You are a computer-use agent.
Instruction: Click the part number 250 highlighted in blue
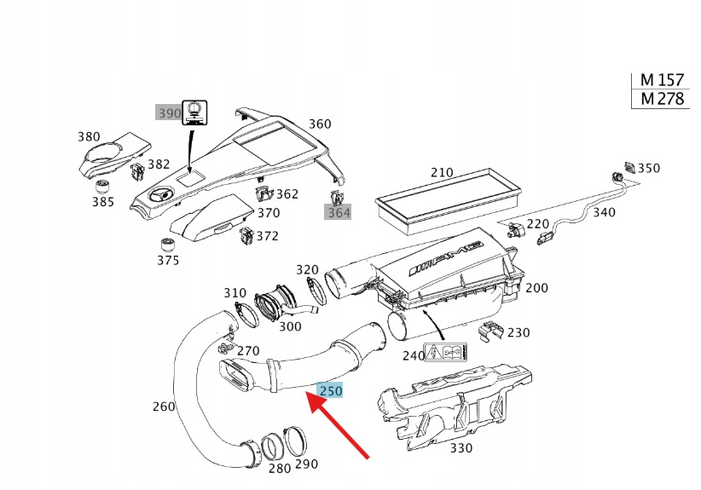(330, 391)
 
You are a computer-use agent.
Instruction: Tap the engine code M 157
(662, 80)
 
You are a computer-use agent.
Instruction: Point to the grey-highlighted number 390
(168, 113)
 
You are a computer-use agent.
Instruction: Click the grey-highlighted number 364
(339, 212)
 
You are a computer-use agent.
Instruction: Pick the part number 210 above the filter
(442, 173)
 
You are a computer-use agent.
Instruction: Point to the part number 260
(164, 406)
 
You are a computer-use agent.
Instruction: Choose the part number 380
(89, 137)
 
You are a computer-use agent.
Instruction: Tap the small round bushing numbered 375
(168, 245)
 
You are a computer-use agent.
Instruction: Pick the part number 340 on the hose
(604, 212)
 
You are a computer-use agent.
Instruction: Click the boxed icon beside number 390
(197, 112)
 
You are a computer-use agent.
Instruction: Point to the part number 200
(536, 288)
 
